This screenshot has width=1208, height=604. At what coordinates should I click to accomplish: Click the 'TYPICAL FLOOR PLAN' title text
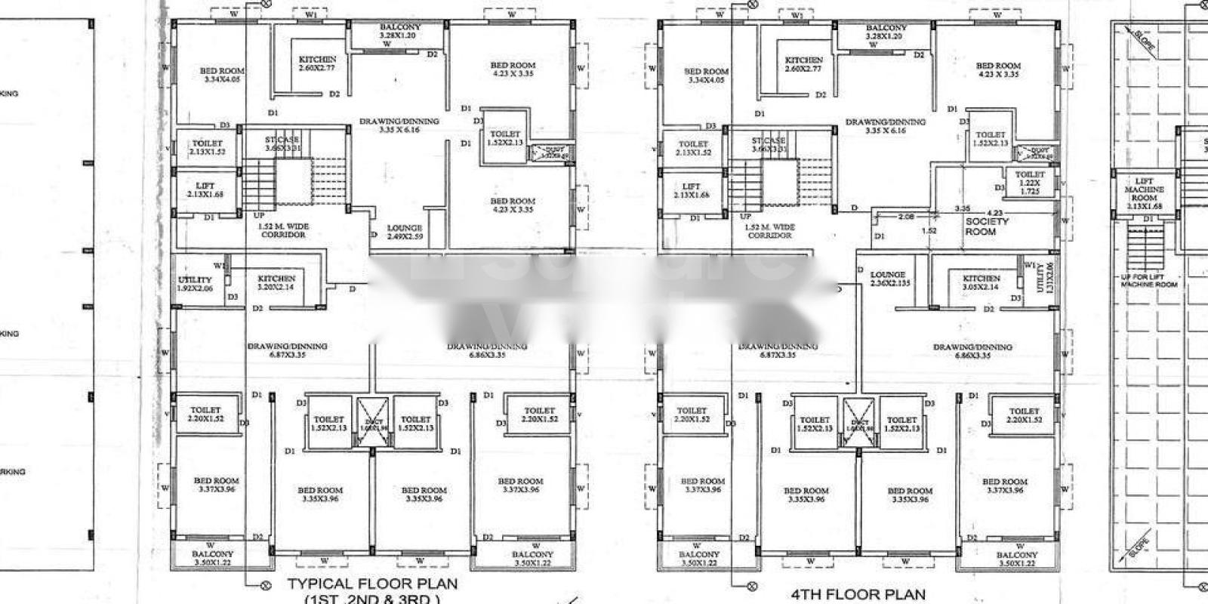pyautogui.click(x=372, y=584)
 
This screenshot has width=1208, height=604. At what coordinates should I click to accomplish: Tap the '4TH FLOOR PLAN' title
pyautogui.click(x=858, y=594)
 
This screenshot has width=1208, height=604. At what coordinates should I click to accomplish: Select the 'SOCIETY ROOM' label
pyautogui.click(x=986, y=226)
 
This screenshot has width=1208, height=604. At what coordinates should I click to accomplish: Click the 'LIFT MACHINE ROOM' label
pyautogui.click(x=1144, y=193)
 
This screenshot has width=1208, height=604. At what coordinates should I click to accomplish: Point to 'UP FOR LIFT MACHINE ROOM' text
pyautogui.click(x=1148, y=280)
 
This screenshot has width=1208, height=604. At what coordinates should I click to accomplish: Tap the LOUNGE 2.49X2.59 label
pyautogui.click(x=404, y=232)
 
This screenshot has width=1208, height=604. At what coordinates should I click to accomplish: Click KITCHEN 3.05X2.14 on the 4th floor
pyautogui.click(x=981, y=282)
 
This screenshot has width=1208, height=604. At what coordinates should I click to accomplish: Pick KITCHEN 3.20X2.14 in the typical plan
pyautogui.click(x=276, y=282)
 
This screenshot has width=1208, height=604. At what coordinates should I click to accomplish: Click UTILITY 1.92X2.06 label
pyautogui.click(x=195, y=284)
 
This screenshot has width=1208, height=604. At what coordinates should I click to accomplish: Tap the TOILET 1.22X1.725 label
pyautogui.click(x=1030, y=183)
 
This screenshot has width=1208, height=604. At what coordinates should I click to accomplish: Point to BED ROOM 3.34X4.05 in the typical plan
pyautogui.click(x=222, y=74)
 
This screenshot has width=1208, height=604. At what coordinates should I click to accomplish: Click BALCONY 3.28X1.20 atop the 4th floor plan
pyautogui.click(x=886, y=32)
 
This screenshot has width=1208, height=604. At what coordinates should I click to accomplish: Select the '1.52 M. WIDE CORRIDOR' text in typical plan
pyautogui.click(x=283, y=230)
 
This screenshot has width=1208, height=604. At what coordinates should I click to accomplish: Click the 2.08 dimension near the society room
pyautogui.click(x=906, y=217)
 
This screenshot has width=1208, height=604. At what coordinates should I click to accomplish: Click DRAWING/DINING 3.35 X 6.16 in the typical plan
pyautogui.click(x=399, y=125)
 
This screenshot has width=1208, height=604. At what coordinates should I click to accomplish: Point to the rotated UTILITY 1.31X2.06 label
pyautogui.click(x=1040, y=279)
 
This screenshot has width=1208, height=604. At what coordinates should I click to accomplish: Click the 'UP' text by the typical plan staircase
pyautogui.click(x=259, y=215)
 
